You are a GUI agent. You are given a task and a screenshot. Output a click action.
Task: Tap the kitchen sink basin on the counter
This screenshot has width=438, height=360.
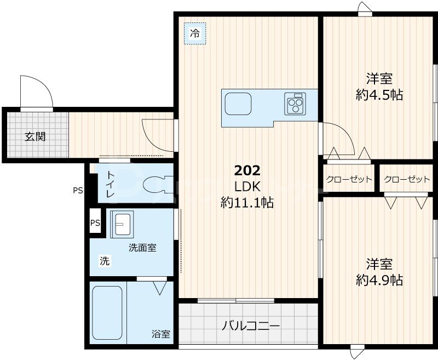(238, 104)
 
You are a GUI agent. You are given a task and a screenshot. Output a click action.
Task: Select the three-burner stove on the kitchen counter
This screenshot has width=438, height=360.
(295, 104)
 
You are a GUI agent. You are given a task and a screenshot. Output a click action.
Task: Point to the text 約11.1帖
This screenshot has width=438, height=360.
(247, 203)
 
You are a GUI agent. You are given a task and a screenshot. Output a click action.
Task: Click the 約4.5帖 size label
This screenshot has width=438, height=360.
(379, 95)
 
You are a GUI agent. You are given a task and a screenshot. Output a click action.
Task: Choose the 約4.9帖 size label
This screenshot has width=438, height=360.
(379, 280)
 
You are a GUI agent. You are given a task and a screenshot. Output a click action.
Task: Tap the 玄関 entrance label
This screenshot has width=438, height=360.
(34, 136)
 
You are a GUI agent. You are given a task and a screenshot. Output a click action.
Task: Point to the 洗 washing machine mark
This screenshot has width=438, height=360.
(104, 261)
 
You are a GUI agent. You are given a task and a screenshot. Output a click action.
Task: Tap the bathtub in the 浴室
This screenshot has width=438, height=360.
(107, 313)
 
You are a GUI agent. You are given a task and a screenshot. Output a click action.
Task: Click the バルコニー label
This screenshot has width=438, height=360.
(251, 326)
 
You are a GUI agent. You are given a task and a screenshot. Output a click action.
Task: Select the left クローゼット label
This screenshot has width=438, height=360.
(349, 179)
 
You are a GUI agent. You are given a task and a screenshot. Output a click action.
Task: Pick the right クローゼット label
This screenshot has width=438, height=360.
(407, 179)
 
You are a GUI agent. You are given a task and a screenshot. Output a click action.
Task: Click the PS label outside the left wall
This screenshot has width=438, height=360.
(78, 191)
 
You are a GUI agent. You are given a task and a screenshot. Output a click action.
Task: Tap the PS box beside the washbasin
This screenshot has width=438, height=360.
(96, 223)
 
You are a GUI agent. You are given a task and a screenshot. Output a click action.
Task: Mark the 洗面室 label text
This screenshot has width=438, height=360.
(142, 248)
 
